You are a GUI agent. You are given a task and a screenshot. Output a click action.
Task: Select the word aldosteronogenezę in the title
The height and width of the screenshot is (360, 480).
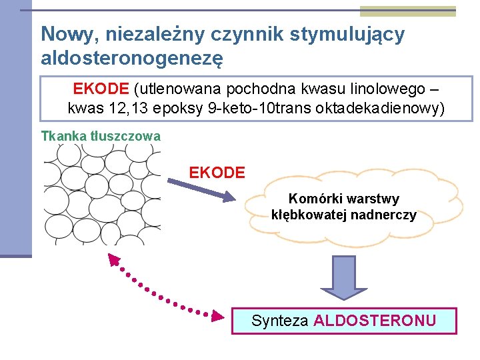click(x=131, y=58)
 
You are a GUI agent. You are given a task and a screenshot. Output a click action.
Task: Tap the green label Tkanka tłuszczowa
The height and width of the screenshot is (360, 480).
click(x=101, y=136)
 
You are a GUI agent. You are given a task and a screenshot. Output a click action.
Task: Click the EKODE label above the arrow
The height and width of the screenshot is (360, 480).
click(x=217, y=173)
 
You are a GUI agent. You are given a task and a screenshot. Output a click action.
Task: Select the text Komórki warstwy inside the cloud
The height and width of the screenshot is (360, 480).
click(x=343, y=199)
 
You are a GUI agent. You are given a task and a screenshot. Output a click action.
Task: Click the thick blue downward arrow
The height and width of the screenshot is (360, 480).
click(x=343, y=277)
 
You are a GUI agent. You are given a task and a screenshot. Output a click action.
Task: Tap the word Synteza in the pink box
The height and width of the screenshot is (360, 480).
click(x=279, y=321)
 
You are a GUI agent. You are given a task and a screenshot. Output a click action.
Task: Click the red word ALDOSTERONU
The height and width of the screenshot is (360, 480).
click(x=375, y=321)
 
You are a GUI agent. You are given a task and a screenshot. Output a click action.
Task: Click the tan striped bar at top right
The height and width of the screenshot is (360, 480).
click(x=408, y=11)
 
